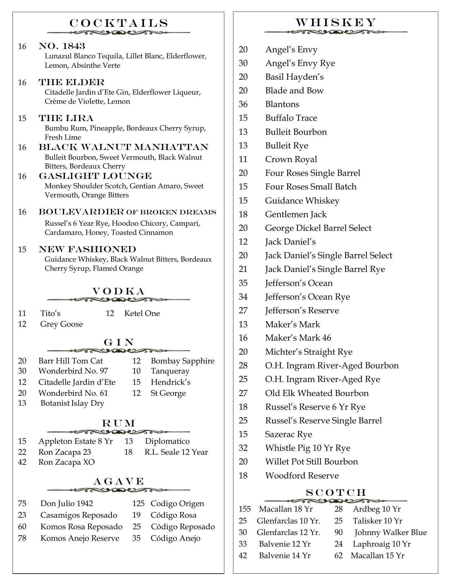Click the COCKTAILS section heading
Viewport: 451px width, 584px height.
pyautogui.click(x=119, y=23)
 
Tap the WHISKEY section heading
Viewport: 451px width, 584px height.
pyautogui.click(x=336, y=23)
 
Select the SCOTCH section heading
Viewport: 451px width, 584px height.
pyautogui.click(x=336, y=492)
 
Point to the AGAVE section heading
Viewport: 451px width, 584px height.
pyautogui.click(x=119, y=481)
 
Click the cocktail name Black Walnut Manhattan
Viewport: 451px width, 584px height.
pyautogui.click(x=123, y=147)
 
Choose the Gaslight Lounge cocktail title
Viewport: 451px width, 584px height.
pyautogui.click(x=95, y=176)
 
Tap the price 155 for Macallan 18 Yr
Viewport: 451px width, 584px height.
pyautogui.click(x=245, y=509)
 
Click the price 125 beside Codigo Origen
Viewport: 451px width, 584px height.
pyautogui.click(x=138, y=503)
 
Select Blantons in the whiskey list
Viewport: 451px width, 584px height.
pyautogui.click(x=282, y=104)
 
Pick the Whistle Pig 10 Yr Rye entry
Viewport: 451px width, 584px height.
pyautogui.click(x=308, y=448)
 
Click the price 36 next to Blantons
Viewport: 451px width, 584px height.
pyautogui.click(x=243, y=104)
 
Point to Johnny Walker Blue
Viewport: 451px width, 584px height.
pyautogui.click(x=391, y=532)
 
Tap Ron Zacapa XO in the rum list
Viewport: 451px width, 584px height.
pyautogui.click(x=67, y=462)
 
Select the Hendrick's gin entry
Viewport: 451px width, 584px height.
pyautogui.click(x=170, y=382)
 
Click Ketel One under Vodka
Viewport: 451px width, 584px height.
pyautogui.click(x=142, y=314)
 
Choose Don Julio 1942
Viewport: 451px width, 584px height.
pyautogui.click(x=67, y=503)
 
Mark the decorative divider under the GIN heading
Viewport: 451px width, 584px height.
pyautogui.click(x=119, y=351)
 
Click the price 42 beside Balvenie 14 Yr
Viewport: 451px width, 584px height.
pyautogui.click(x=243, y=555)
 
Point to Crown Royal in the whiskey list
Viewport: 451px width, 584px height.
pyautogui.click(x=291, y=159)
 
